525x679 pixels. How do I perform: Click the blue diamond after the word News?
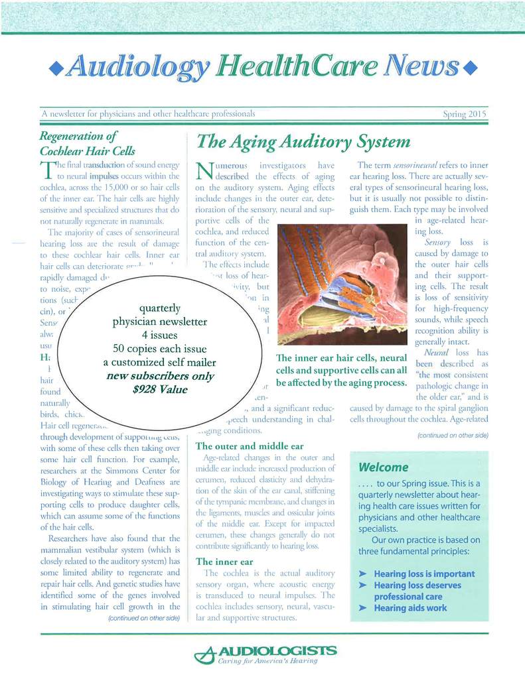pos(472,69)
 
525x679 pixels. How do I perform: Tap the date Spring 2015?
pos(465,114)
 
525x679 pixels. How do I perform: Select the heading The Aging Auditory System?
pos(302,142)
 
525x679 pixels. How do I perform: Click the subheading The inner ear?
pos(225,561)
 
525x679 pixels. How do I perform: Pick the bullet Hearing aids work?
pos(410,607)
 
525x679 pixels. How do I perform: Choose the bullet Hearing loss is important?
pos(424,574)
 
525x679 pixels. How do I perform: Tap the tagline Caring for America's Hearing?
pos(271,662)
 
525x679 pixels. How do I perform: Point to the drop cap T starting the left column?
pos(46,172)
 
